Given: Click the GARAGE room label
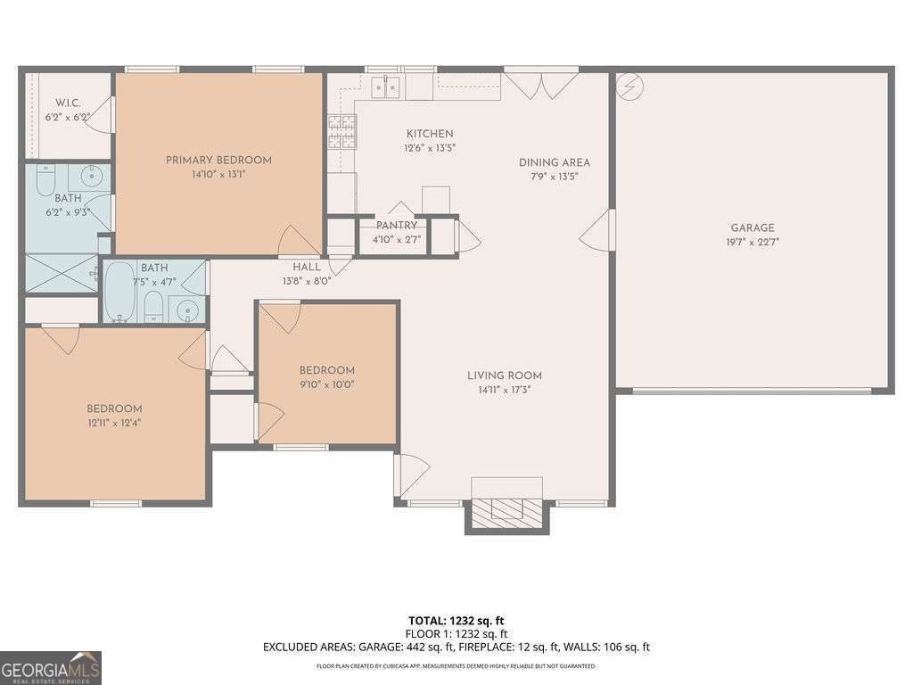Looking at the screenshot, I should click(x=753, y=227).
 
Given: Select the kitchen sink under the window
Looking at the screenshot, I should click(x=386, y=87).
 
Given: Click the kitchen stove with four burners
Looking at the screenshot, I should click(x=341, y=132).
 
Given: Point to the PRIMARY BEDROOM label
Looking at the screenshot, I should click(x=218, y=161).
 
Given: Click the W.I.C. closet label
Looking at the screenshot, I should click(x=68, y=103).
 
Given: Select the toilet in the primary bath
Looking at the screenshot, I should click(x=45, y=181).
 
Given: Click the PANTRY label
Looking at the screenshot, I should click(x=396, y=226).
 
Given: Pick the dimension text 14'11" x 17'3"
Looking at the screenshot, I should click(x=505, y=390).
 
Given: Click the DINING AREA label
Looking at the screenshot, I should click(x=555, y=162).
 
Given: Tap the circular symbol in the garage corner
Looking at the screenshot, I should click(x=629, y=87).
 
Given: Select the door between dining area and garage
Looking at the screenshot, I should click(x=599, y=232).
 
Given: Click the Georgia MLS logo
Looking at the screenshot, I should click(x=51, y=668).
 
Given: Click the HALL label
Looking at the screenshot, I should click(x=307, y=267).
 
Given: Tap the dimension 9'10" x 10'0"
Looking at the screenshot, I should click(x=326, y=384).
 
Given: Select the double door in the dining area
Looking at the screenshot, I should click(x=541, y=84).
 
